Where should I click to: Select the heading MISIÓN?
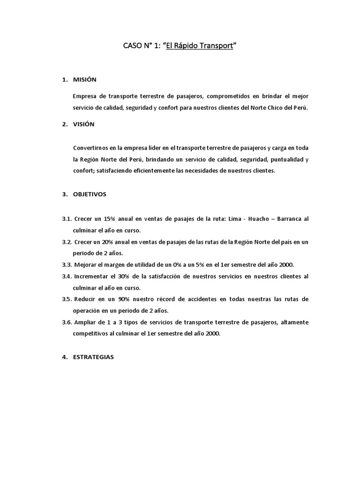pyautogui.click(x=84, y=80)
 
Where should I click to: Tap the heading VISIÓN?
pyautogui.click(x=83, y=124)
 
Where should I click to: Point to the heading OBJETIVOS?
pyautogui.click(x=90, y=194)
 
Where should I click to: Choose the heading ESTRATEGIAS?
pyautogui.click(x=93, y=357)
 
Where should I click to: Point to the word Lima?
pyautogui.click(x=234, y=219)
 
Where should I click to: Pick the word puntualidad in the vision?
pyautogui.click(x=287, y=159)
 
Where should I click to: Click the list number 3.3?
pyautogui.click(x=66, y=264)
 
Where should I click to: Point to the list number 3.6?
pyautogui.click(x=66, y=322)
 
